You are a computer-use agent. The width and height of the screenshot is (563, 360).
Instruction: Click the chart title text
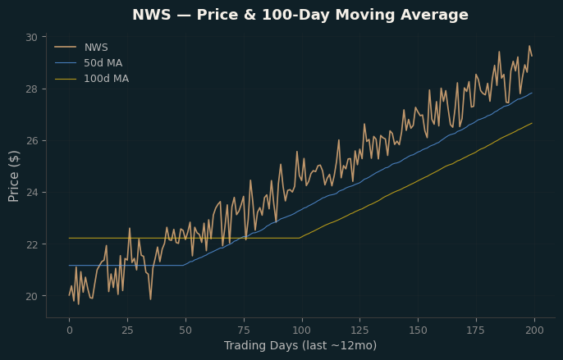[300, 15]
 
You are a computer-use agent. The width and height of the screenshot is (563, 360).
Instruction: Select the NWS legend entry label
[96, 48]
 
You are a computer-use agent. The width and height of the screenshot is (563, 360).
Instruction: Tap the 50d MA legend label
[103, 63]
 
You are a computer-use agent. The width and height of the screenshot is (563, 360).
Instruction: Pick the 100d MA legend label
[107, 79]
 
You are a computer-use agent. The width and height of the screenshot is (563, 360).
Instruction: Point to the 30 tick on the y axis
[31, 38]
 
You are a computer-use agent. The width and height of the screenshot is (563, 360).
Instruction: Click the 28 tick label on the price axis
[31, 89]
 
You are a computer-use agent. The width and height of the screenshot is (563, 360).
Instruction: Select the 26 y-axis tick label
[31, 141]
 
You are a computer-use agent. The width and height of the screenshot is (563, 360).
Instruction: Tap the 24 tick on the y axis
[31, 193]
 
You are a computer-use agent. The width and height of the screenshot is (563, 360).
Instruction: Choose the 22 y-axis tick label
[31, 244]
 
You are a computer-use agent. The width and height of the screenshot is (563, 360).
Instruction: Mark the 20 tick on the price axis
[31, 296]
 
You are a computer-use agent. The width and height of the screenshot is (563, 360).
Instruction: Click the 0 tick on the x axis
[69, 330]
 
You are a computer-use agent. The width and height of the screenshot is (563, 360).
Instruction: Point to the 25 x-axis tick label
[127, 330]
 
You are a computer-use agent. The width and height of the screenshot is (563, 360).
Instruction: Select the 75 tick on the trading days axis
[244, 330]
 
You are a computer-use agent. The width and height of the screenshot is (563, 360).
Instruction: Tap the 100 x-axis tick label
[302, 330]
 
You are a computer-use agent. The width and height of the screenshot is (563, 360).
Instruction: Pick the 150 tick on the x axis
[419, 330]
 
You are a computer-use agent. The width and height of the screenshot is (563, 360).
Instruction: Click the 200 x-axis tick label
[534, 330]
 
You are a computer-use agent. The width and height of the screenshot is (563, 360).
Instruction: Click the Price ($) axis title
[13, 176]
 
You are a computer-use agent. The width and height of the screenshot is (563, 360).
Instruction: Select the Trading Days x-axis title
[300, 345]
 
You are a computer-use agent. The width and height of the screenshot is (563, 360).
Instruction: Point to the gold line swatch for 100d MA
[66, 79]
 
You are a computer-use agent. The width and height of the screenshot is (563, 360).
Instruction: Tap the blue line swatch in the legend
[66, 63]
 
